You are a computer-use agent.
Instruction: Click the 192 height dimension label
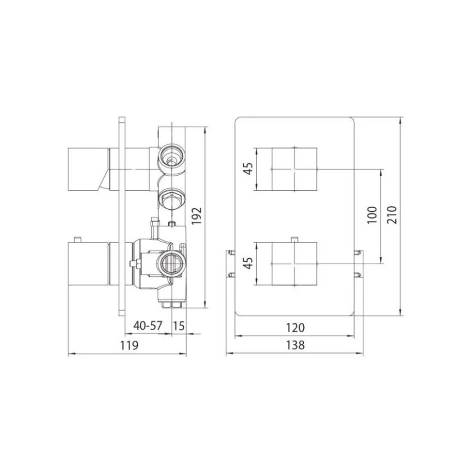pos(197,216)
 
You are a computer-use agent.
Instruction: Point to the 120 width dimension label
pos(295,327)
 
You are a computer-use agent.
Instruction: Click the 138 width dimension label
pos(295,345)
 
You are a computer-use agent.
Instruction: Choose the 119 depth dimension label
pos(130,345)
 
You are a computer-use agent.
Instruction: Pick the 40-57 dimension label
pos(148,325)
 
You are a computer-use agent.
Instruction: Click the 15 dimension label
pos(179,325)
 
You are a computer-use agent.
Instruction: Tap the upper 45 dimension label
pos(248,169)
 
